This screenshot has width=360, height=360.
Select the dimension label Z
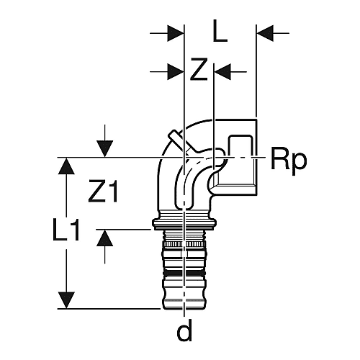point(199,70)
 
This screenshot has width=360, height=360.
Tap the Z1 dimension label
point(103,192)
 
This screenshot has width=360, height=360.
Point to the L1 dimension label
point(66,230)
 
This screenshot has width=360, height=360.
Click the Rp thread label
point(289,159)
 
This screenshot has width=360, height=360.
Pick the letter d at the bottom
point(184,330)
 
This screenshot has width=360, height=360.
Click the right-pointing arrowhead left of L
point(175,33)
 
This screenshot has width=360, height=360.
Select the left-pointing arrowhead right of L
point(265,33)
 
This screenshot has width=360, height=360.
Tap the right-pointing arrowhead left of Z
point(175,71)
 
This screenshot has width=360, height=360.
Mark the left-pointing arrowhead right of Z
point(222,71)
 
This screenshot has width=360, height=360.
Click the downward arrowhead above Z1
point(105,149)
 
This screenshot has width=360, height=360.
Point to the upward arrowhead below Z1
point(105,238)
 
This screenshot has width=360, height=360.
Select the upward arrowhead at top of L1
point(66,166)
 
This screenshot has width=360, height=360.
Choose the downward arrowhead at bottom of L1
point(66,300)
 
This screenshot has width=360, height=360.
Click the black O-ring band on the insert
point(184,273)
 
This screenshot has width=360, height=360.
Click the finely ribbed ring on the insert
point(184,245)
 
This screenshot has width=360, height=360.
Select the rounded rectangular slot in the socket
point(240,147)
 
